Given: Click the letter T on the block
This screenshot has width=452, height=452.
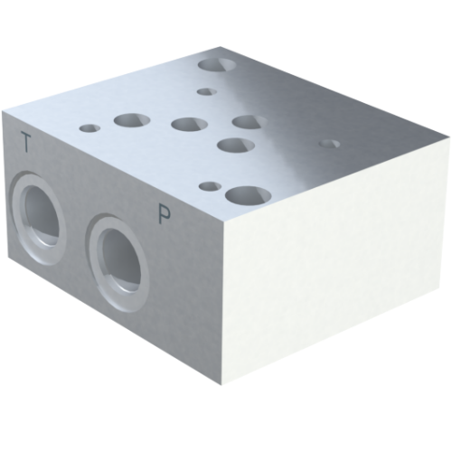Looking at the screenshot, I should (27, 141).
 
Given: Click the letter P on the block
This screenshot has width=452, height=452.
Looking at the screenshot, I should (165, 213).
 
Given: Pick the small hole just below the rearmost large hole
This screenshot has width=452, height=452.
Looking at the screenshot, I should (206, 91).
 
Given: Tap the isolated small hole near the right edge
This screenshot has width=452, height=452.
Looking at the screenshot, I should (330, 143).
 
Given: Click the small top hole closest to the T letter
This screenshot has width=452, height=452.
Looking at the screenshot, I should (89, 127).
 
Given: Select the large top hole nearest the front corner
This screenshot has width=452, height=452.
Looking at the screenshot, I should (243, 194).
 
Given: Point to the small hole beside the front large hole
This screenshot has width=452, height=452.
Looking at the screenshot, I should (209, 186).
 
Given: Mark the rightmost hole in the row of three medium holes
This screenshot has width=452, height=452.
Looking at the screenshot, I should (248, 120).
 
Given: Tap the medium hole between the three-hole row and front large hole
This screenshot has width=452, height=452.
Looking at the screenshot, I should (233, 145).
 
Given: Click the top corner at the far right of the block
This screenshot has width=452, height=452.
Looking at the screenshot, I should (447, 143).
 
